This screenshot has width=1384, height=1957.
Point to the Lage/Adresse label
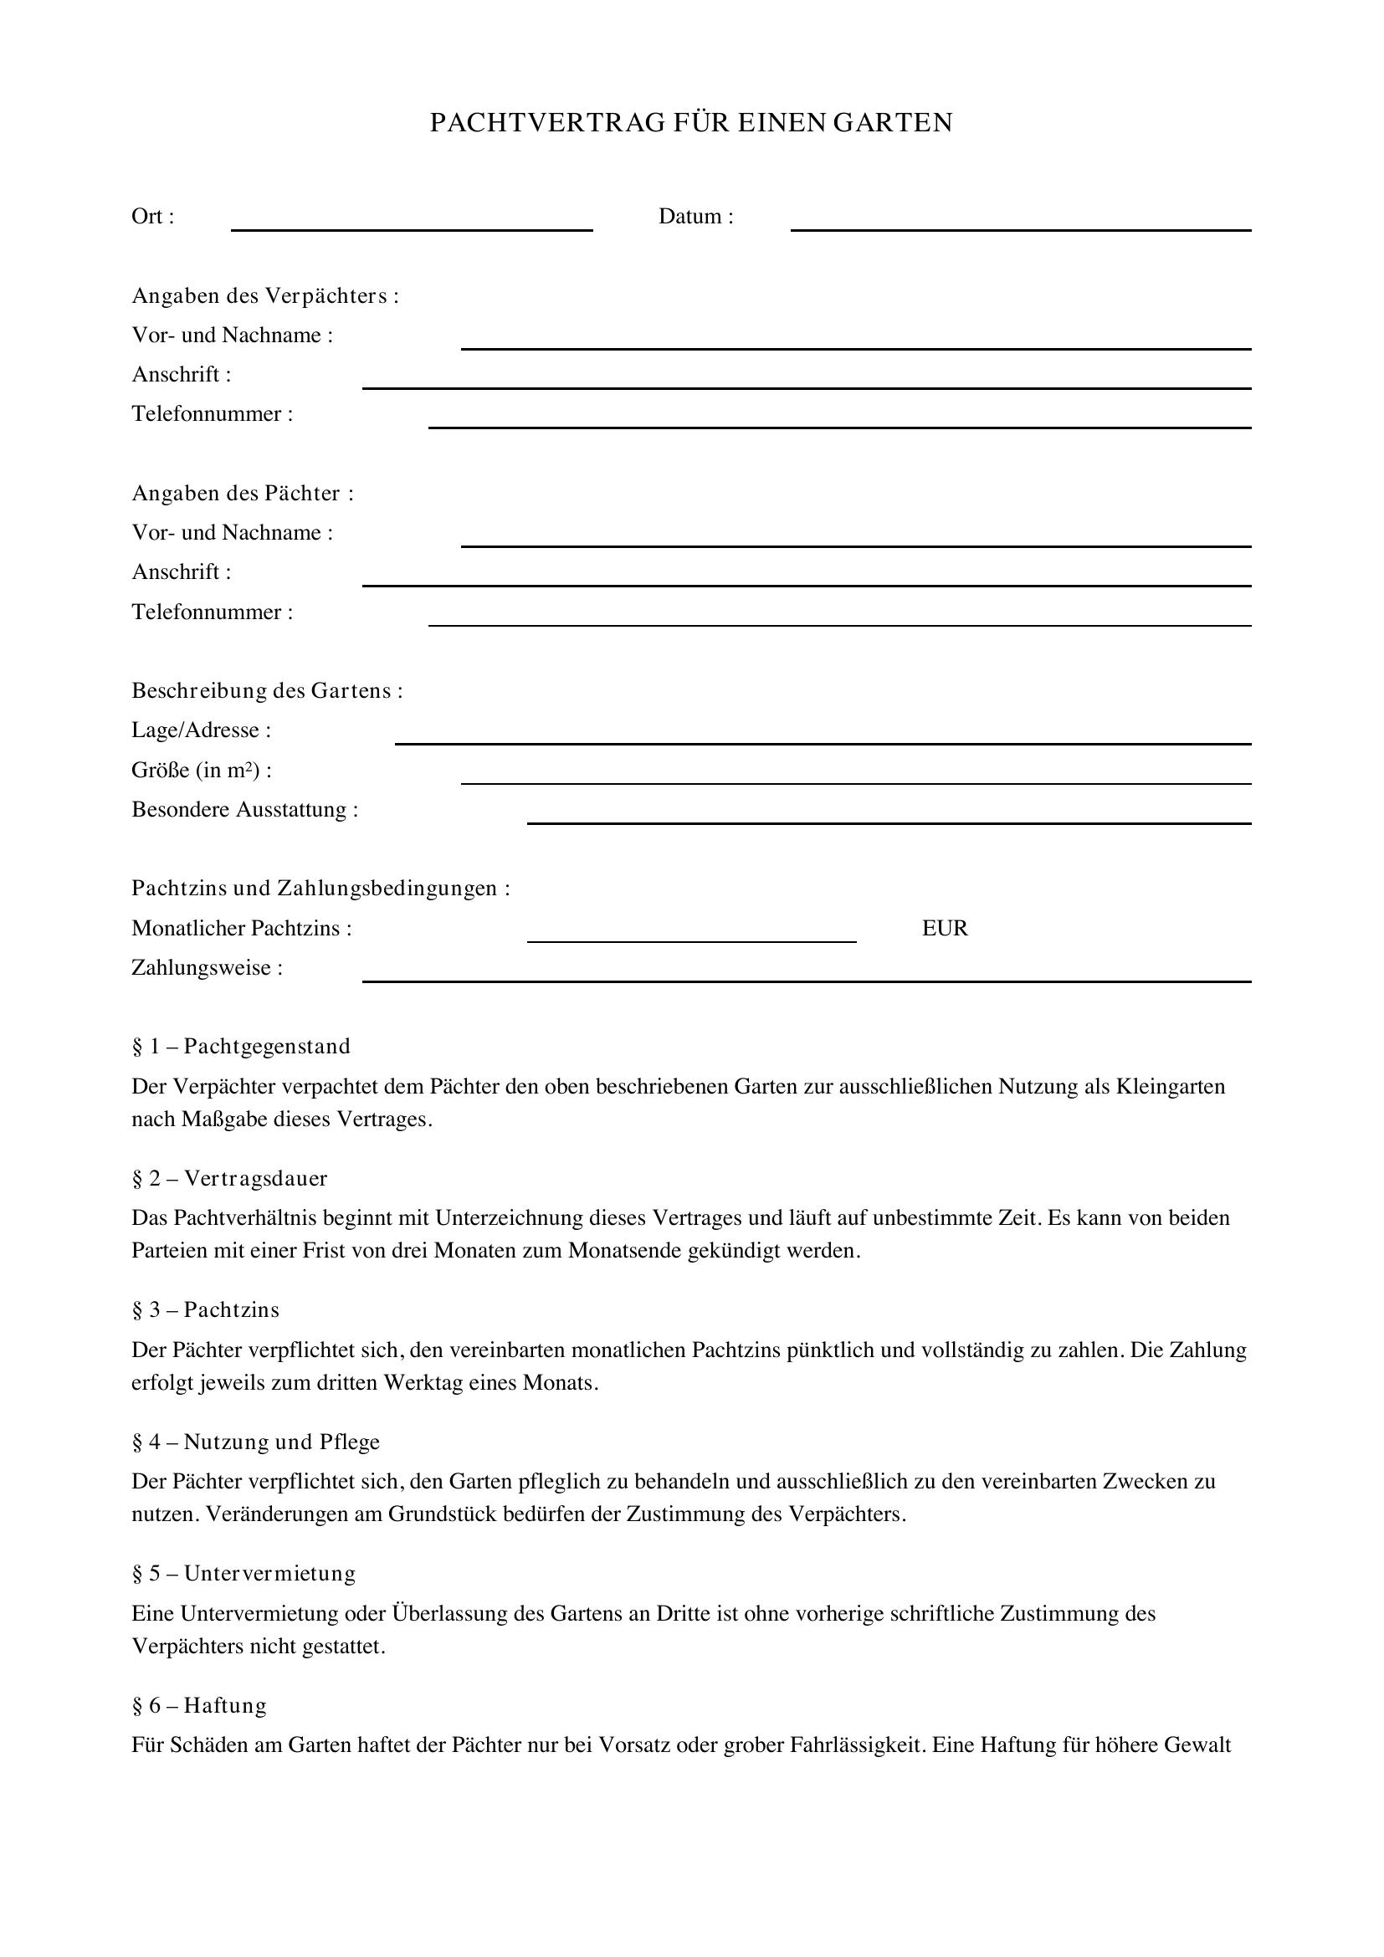point(201,730)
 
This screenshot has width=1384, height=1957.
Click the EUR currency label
point(944,928)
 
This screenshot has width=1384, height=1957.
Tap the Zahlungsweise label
point(207,968)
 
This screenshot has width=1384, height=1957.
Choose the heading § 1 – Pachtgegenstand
point(241,1047)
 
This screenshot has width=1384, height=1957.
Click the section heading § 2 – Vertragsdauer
point(229,1179)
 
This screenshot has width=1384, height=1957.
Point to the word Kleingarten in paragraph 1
point(1170,1087)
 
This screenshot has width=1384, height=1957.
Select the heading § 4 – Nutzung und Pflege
point(256,1442)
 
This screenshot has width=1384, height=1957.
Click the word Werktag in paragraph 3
point(420,1382)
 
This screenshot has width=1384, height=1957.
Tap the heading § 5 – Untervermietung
point(243,1574)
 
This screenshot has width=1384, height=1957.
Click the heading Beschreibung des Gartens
point(267,690)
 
